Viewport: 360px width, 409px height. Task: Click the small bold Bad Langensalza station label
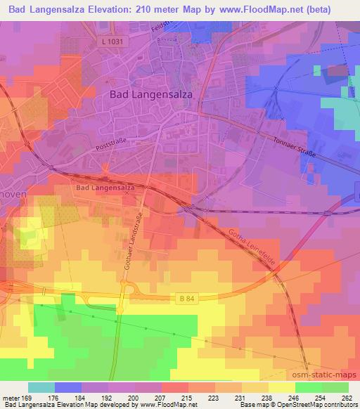[105, 188]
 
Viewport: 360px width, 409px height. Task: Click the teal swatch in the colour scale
[41, 387]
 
